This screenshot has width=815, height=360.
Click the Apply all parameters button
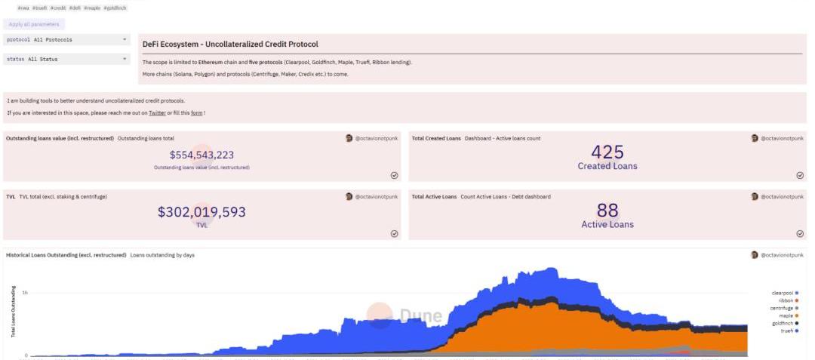coord(33,24)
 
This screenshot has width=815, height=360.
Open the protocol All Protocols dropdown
coord(67,39)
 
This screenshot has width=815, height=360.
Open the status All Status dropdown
coord(67,59)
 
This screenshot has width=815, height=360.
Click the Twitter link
coord(157,113)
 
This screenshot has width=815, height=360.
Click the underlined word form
coord(195,113)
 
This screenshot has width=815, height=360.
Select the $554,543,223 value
coord(201,155)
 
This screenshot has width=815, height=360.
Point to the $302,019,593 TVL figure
coord(201,212)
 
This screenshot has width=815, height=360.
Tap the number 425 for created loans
coord(607,152)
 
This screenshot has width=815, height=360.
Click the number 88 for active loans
coord(607,211)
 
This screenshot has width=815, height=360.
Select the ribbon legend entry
coord(788,300)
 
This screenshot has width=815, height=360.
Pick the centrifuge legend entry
coord(783,308)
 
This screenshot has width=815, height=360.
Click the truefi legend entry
coord(788,331)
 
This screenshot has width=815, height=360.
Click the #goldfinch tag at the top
coord(115,8)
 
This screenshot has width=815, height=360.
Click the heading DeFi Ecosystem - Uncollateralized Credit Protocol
coord(230,45)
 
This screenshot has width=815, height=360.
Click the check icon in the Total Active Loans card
coord(800,234)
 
